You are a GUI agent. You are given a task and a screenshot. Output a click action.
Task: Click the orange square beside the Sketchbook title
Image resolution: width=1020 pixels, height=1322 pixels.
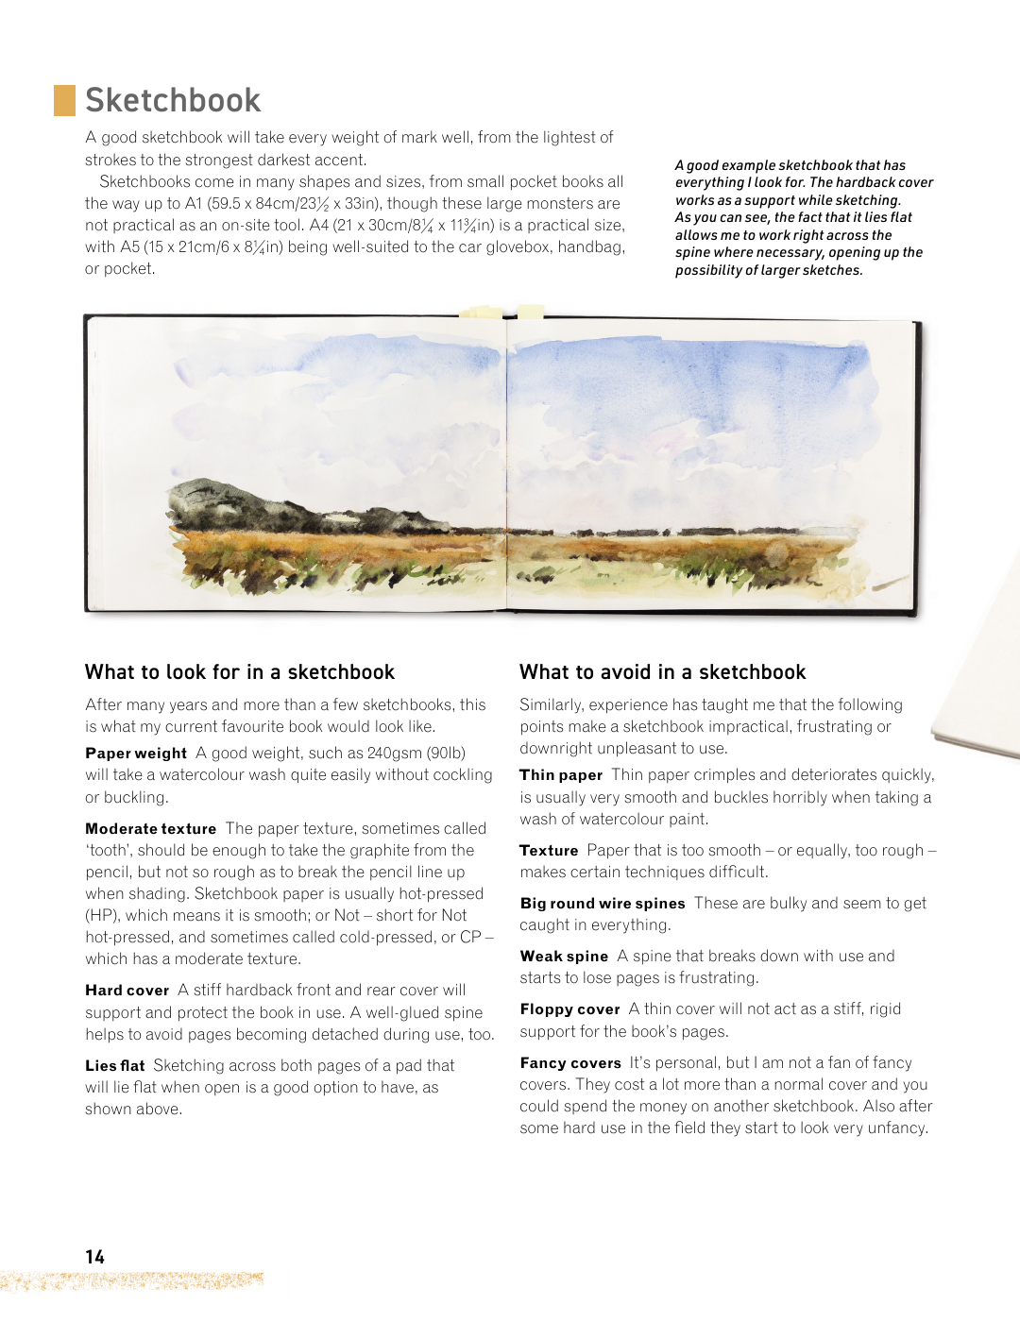pyautogui.click(x=64, y=100)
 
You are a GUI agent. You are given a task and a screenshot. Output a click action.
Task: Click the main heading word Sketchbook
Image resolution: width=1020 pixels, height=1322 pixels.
pyautogui.click(x=173, y=100)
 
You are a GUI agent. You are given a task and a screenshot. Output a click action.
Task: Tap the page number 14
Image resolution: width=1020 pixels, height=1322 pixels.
pyautogui.click(x=94, y=1257)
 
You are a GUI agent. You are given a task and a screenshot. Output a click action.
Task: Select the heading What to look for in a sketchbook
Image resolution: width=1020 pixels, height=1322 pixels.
pyautogui.click(x=240, y=672)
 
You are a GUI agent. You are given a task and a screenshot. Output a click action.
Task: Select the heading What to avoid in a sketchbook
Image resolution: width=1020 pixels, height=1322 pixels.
pyautogui.click(x=662, y=672)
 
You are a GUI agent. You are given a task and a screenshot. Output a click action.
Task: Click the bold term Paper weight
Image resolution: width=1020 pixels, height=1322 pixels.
pyautogui.click(x=136, y=754)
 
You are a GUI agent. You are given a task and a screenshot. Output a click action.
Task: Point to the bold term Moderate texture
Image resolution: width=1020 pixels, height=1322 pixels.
pyautogui.click(x=151, y=829)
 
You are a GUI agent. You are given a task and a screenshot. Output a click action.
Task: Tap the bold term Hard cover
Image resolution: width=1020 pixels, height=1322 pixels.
pyautogui.click(x=127, y=991)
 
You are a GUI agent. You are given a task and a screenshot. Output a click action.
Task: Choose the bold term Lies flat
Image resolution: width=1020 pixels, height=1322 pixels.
pyautogui.click(x=114, y=1066)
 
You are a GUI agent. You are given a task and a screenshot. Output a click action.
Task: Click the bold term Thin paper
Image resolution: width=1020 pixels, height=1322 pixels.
pyautogui.click(x=561, y=775)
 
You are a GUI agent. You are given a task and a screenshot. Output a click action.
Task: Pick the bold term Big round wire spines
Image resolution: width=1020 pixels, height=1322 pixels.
pyautogui.click(x=603, y=904)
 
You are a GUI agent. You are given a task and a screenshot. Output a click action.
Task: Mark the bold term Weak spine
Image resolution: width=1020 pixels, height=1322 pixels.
pyautogui.click(x=564, y=957)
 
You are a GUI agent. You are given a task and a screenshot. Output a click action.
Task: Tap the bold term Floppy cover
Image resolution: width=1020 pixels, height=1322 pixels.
pyautogui.click(x=569, y=1009)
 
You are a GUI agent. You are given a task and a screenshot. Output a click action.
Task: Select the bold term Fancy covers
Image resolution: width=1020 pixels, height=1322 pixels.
pyautogui.click(x=570, y=1063)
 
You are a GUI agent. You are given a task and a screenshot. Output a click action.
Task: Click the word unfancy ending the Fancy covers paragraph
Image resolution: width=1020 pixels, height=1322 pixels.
pyautogui.click(x=896, y=1128)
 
